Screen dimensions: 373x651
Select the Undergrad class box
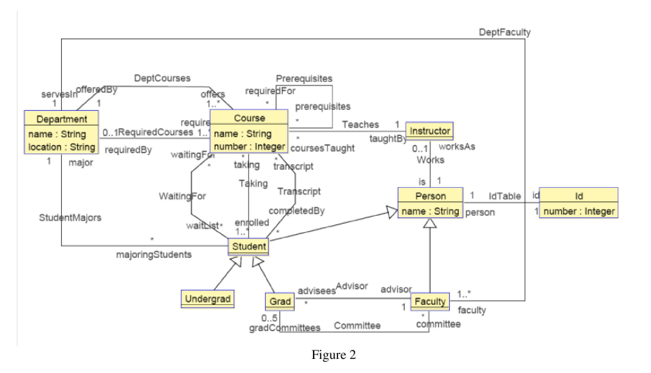point(207,299)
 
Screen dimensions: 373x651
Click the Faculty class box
point(429,301)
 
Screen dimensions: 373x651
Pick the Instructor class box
point(429,130)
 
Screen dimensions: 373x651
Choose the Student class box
point(249,246)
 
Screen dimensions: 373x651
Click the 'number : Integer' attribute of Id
point(579,211)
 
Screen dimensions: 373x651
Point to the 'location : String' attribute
point(61,147)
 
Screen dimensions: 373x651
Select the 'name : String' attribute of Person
point(429,211)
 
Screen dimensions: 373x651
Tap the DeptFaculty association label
point(504,32)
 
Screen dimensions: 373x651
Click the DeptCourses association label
point(162,78)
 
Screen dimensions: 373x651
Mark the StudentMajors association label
point(70,217)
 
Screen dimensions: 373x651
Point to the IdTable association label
point(504,196)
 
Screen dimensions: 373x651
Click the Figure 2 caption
point(334,355)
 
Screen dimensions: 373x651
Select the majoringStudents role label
point(154,255)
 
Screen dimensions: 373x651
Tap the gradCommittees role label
point(285,327)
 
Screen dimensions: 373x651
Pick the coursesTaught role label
point(322,148)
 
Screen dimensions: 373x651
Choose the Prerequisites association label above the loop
point(304,79)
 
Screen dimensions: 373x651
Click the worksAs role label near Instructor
point(457,147)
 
